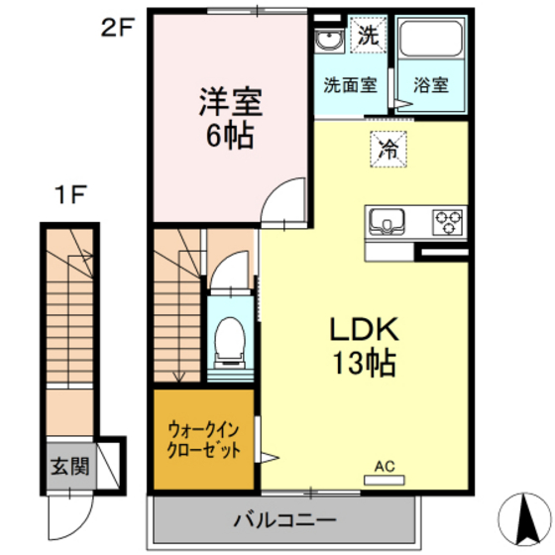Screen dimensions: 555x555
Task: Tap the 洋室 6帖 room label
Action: coord(230,116)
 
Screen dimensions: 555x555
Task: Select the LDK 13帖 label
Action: coord(362,345)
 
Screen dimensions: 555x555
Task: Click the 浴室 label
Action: coord(431,84)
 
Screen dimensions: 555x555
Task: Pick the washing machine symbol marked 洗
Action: coord(368,37)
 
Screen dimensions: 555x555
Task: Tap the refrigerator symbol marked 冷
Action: coord(388,150)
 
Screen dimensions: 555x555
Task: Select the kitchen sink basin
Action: coord(386,220)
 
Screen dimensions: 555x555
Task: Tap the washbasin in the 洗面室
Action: coord(328,41)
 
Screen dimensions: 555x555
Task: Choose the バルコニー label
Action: coord(285,519)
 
